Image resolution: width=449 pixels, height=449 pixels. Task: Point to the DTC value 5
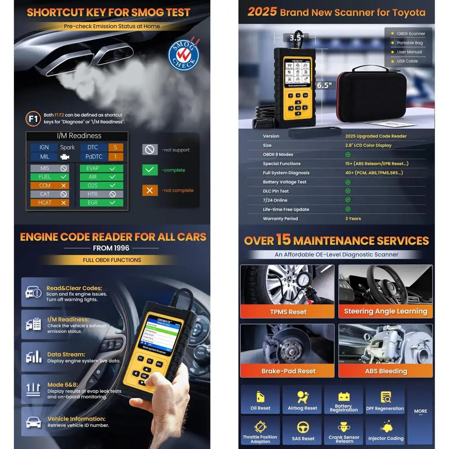[x=115, y=147]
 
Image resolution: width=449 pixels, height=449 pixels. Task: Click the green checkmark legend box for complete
[x=150, y=170]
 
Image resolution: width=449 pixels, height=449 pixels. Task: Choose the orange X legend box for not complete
[x=150, y=190]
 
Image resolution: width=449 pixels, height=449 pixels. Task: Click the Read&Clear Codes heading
[x=74, y=288]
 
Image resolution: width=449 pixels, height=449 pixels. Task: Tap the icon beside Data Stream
[x=34, y=357]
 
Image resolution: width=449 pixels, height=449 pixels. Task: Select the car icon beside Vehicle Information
[x=34, y=422]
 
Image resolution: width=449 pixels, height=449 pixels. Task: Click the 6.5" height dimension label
[x=324, y=85]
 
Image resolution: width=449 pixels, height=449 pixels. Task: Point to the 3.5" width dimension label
[x=296, y=37]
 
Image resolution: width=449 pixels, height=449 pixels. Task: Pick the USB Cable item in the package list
[x=407, y=61]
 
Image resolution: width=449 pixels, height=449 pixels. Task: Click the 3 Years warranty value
[x=353, y=219]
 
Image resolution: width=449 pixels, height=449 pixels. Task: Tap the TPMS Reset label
[x=287, y=312]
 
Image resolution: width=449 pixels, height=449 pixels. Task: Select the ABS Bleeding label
[x=386, y=371]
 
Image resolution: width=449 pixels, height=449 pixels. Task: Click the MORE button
[x=420, y=411]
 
